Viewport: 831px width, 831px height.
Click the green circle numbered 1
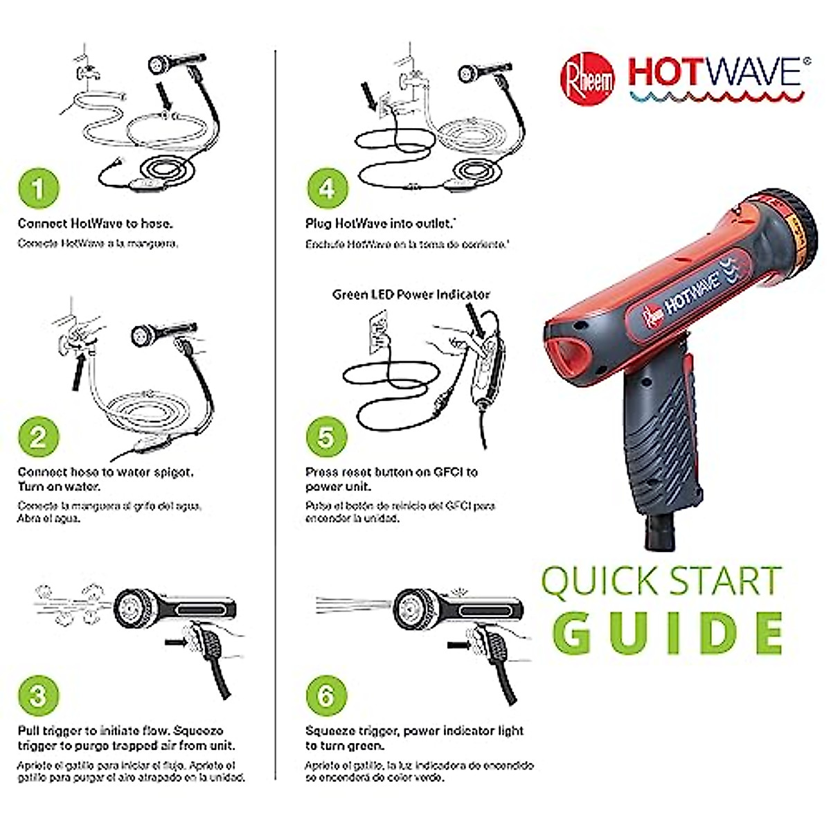[38, 188]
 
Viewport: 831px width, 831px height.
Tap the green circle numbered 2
[38, 437]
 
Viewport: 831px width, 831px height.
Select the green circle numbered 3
[38, 695]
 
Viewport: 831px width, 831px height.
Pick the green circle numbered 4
[326, 188]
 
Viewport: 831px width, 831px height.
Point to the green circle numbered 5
[326, 437]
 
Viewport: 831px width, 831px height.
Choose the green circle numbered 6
[326, 695]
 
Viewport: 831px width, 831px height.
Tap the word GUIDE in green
[668, 633]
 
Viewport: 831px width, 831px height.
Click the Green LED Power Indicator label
[411, 294]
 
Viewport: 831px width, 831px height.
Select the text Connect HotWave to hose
[96, 224]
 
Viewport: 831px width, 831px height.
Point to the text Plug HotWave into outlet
[380, 224]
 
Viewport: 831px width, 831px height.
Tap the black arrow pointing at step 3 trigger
[179, 643]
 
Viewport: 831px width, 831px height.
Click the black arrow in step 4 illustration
[368, 97]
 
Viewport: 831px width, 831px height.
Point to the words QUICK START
[661, 582]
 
